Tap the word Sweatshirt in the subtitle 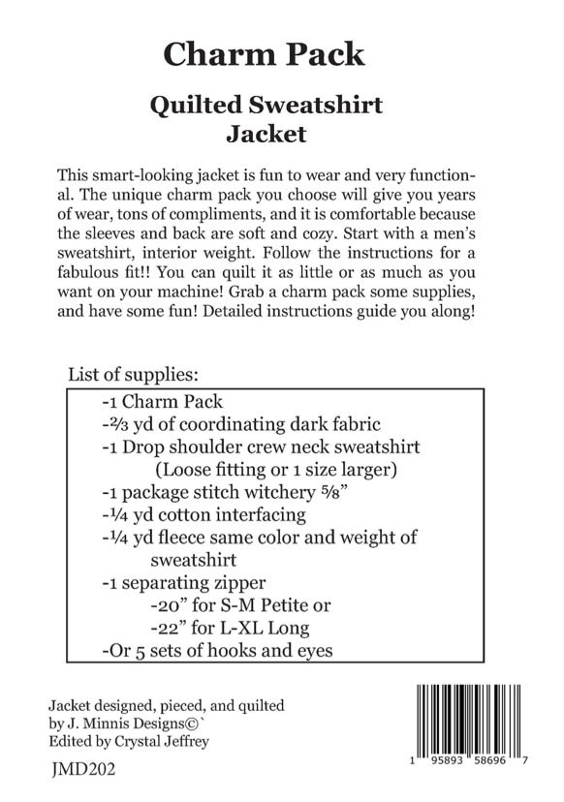pyautogui.click(x=311, y=106)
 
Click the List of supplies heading pyautogui.click(x=133, y=374)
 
